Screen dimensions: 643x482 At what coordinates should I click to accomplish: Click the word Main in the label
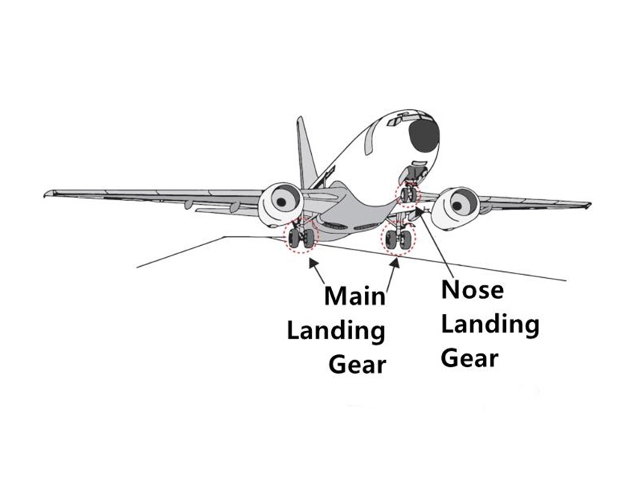(354, 295)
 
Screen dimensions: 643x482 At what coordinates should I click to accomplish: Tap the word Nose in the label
(473, 290)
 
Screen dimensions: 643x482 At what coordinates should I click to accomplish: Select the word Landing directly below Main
(336, 330)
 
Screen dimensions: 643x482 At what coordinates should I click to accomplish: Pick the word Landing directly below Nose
(490, 324)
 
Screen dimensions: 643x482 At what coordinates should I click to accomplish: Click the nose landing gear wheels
(407, 195)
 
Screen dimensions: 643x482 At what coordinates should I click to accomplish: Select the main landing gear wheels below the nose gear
(398, 239)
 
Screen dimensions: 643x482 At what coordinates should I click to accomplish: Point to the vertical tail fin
(305, 149)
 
